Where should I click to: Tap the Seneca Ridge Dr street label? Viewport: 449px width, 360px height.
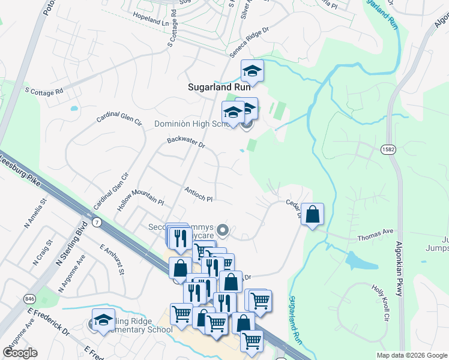tap(248, 43)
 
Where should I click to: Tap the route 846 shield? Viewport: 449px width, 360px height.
tap(29, 298)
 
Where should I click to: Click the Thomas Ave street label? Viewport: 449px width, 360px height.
tap(375, 235)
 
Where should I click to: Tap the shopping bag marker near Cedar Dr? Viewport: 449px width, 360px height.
tap(313, 215)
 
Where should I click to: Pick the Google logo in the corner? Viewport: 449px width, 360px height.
tap(20, 353)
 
